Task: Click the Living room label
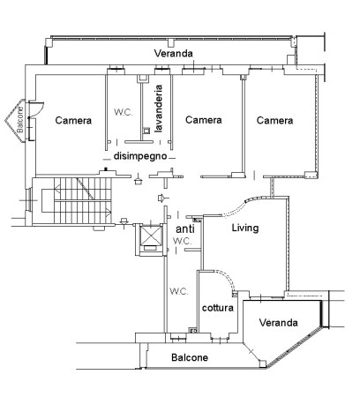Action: click(245, 228)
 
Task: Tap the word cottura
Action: click(218, 308)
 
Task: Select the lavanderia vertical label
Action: click(159, 109)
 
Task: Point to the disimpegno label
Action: click(140, 156)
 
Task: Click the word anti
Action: click(185, 228)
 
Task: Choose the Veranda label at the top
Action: click(174, 53)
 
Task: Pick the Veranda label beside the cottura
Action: click(278, 323)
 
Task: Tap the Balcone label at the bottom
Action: click(190, 357)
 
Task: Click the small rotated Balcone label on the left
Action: click(20, 120)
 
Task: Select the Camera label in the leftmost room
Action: click(73, 120)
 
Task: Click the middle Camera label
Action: click(204, 120)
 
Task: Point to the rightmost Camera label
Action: click(274, 120)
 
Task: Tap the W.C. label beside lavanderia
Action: click(124, 112)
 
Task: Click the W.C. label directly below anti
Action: click(183, 241)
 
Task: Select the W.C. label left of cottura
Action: click(179, 291)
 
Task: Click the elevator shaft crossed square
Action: click(151, 236)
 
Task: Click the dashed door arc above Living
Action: click(236, 208)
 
